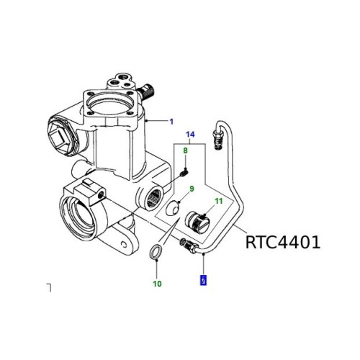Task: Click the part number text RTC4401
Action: [282, 242]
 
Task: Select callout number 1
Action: [171, 122]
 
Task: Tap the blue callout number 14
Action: [191, 135]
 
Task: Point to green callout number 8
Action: [185, 150]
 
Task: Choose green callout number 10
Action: [157, 284]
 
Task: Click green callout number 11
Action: [219, 202]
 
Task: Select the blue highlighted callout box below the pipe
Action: [204, 280]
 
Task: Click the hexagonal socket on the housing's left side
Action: [65, 132]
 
